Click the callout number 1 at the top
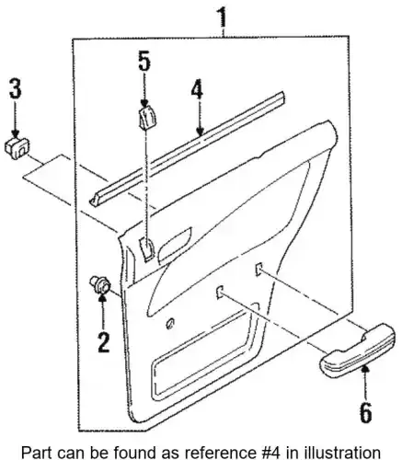[x=223, y=17]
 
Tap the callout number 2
[x=104, y=342]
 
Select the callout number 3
[x=16, y=89]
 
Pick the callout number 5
[x=144, y=62]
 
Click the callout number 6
[x=365, y=412]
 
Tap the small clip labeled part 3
[x=18, y=148]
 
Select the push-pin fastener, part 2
[x=99, y=285]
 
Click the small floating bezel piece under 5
[x=147, y=118]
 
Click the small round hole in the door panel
[x=170, y=323]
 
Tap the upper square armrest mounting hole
[x=258, y=269]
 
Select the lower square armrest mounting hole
[x=220, y=292]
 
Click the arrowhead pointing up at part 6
[x=365, y=372]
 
